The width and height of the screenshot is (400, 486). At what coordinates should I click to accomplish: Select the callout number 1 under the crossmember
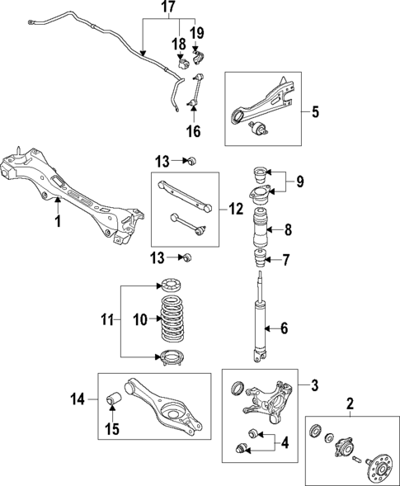[57, 221]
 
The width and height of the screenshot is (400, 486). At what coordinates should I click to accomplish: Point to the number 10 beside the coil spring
[141, 318]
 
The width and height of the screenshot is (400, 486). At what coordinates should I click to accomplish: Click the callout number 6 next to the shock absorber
[284, 328]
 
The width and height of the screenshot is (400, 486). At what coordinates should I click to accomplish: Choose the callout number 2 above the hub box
[349, 403]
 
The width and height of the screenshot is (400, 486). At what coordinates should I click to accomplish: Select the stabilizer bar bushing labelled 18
[182, 63]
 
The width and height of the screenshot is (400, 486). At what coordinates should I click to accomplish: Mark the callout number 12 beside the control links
[235, 210]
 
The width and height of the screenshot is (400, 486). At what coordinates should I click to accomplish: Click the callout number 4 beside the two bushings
[285, 443]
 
